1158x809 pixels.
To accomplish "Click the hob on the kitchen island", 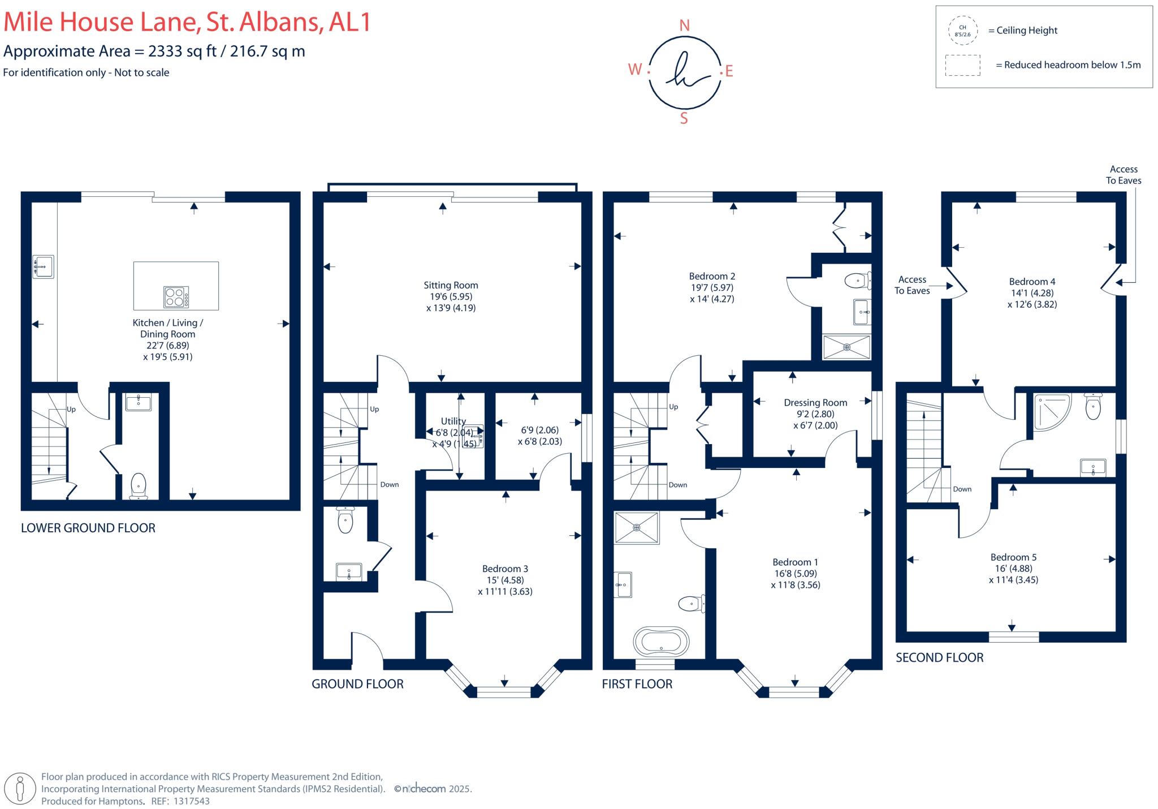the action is click(x=176, y=297).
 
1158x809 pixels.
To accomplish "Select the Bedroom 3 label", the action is click(x=505, y=569).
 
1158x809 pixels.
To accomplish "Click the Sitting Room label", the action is click(x=451, y=285).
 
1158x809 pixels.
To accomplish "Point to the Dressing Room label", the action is click(x=815, y=403).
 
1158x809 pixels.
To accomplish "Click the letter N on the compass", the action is click(x=684, y=25).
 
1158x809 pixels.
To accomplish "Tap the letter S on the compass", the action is click(x=684, y=119).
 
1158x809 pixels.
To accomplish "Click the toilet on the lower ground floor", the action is click(x=138, y=486).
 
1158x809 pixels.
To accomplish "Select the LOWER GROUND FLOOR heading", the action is click(x=88, y=528).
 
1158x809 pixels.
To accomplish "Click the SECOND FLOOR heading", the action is click(x=939, y=657).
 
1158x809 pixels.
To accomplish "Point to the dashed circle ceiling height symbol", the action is click(x=962, y=31).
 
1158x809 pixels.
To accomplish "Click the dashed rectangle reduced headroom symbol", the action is click(x=962, y=65).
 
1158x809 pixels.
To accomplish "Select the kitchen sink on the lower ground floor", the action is click(x=43, y=266).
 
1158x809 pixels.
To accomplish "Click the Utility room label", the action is click(x=453, y=421).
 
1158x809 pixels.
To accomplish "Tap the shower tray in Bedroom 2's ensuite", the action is click(x=846, y=347).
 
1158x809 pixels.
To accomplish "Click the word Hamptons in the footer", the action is click(x=120, y=801).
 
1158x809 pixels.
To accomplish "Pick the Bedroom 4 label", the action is click(x=1032, y=282).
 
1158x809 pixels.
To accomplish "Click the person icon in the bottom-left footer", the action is click(x=20, y=789).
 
